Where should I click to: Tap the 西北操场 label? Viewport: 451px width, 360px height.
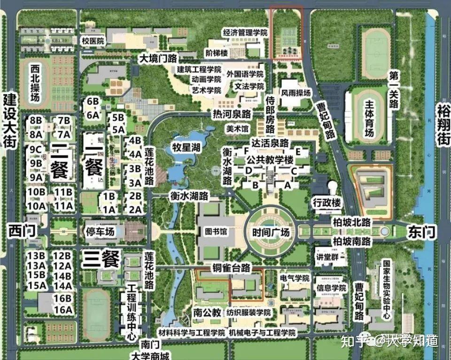tap(36, 83)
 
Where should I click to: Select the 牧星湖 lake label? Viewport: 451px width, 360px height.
tap(186, 148)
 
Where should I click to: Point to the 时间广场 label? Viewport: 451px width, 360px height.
tap(271, 232)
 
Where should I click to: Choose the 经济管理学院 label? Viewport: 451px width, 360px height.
tap(245, 33)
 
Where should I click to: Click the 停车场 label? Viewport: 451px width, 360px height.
tap(100, 232)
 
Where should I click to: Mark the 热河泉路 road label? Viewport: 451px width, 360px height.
tap(232, 114)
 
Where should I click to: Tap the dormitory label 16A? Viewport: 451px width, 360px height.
tap(62, 310)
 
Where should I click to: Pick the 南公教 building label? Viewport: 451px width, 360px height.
tap(205, 312)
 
